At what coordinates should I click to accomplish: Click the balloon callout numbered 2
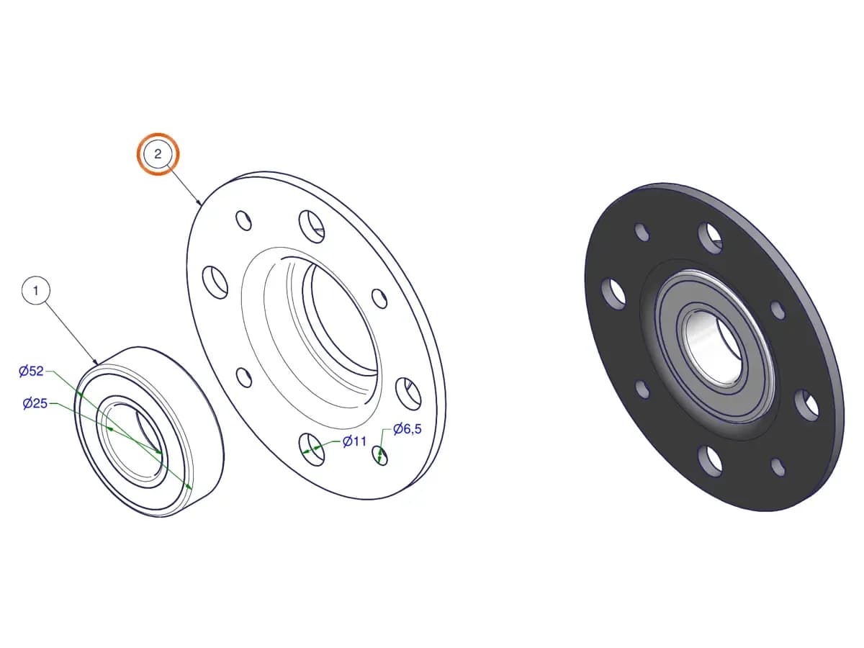click(158, 154)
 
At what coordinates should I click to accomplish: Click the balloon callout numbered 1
click(36, 290)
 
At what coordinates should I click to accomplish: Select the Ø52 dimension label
click(31, 371)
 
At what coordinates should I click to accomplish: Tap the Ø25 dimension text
click(35, 403)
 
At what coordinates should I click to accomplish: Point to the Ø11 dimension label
click(354, 441)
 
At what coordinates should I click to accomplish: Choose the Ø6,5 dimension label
click(408, 429)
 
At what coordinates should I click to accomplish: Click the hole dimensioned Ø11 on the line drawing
click(311, 449)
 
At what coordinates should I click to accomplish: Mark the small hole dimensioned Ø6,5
click(380, 455)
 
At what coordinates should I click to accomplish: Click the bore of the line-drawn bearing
click(132, 438)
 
